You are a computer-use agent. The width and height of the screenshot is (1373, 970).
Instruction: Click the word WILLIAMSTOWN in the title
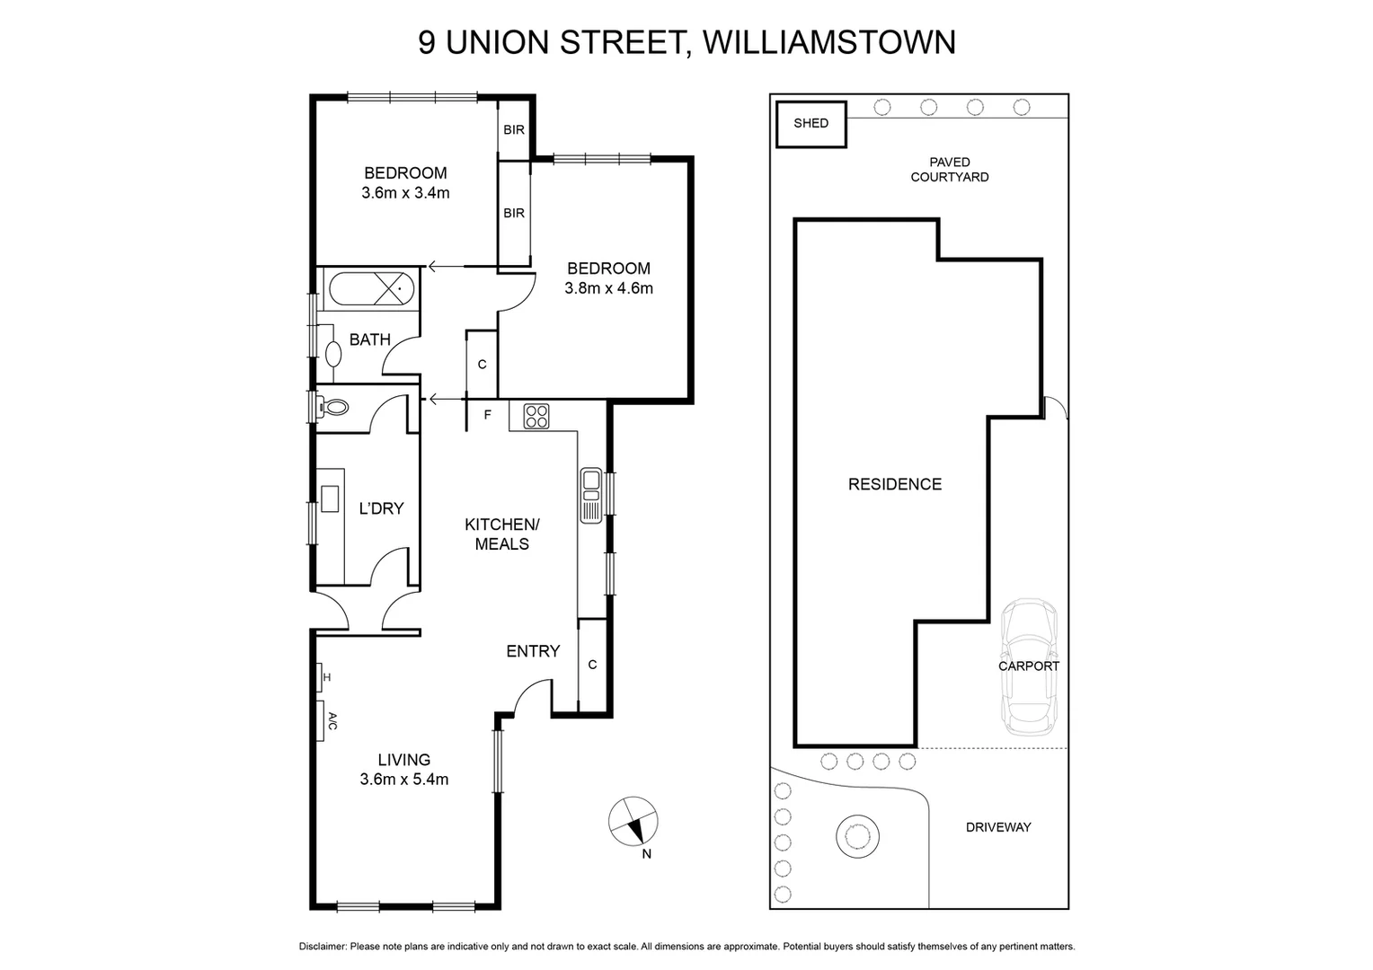[828, 42]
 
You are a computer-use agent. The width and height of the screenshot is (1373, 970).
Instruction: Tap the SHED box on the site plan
[811, 123]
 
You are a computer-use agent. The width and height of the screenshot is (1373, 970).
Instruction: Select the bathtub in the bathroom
[371, 290]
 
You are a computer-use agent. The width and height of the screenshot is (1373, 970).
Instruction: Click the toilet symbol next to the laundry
[335, 407]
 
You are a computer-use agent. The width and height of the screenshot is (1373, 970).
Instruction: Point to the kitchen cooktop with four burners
[536, 416]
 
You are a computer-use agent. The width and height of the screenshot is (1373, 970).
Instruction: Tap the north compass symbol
[633, 822]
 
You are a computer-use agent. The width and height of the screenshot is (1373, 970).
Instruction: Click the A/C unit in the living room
[322, 720]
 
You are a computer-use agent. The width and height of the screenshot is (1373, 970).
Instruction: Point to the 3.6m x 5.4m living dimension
[403, 780]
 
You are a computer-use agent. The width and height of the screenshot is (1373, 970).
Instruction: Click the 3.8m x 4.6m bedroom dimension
[608, 288]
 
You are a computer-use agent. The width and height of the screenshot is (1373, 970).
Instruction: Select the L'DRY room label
[381, 508]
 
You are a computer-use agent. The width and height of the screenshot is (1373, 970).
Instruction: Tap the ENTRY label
[533, 651]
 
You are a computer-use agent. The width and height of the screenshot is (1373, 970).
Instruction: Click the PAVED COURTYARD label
[950, 170]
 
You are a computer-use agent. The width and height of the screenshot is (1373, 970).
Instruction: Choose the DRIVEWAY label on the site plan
[998, 827]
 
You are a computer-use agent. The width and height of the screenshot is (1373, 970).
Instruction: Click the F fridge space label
[488, 415]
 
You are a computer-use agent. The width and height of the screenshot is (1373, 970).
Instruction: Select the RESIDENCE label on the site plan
[895, 484]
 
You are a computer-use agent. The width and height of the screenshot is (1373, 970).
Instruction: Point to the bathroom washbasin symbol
[333, 352]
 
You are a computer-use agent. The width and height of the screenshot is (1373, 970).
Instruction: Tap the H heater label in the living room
[326, 677]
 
